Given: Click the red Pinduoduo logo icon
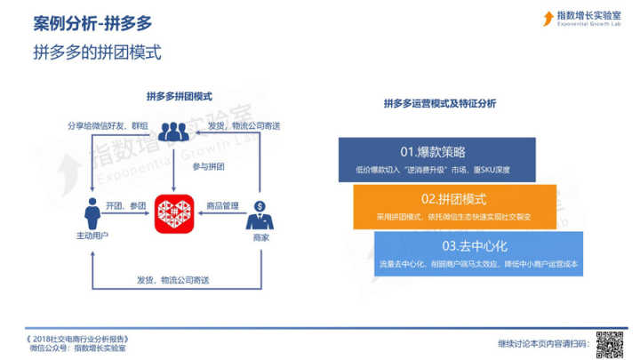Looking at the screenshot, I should (x=174, y=211).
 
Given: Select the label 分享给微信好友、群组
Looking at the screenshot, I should (x=104, y=125).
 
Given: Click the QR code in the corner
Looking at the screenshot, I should (x=607, y=342).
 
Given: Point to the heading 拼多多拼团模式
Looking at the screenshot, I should (x=179, y=96).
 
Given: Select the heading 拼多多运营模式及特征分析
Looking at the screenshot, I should (x=440, y=103).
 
